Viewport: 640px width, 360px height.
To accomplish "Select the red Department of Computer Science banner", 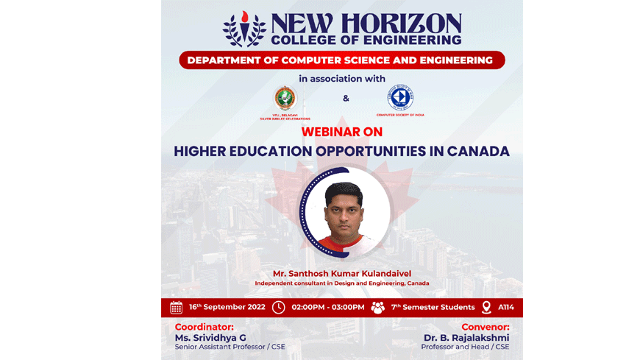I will pos(341,60).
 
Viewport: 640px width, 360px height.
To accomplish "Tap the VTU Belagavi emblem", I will pos(285,98).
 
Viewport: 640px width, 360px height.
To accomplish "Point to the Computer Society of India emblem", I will pos(400,98).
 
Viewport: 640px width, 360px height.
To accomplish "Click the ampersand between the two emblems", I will pos(346,99).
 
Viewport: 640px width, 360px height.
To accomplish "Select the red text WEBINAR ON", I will pos(341,132).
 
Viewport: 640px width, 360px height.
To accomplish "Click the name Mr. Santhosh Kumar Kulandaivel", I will pos(341,273).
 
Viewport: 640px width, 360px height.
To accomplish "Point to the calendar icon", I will pos(176,307).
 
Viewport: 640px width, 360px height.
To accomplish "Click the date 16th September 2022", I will pos(227,307).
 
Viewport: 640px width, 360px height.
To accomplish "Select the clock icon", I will pos(278,307).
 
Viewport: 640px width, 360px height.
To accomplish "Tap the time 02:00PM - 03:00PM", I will pos(327,307).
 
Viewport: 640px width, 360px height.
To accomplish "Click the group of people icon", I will pos(377,307).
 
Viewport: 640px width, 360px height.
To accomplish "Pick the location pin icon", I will pos(486,307).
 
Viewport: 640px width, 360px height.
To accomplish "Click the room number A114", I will pos(506,307).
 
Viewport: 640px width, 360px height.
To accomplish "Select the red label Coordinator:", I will pos(204,327).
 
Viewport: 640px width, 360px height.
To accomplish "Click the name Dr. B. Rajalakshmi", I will pos(466,338).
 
